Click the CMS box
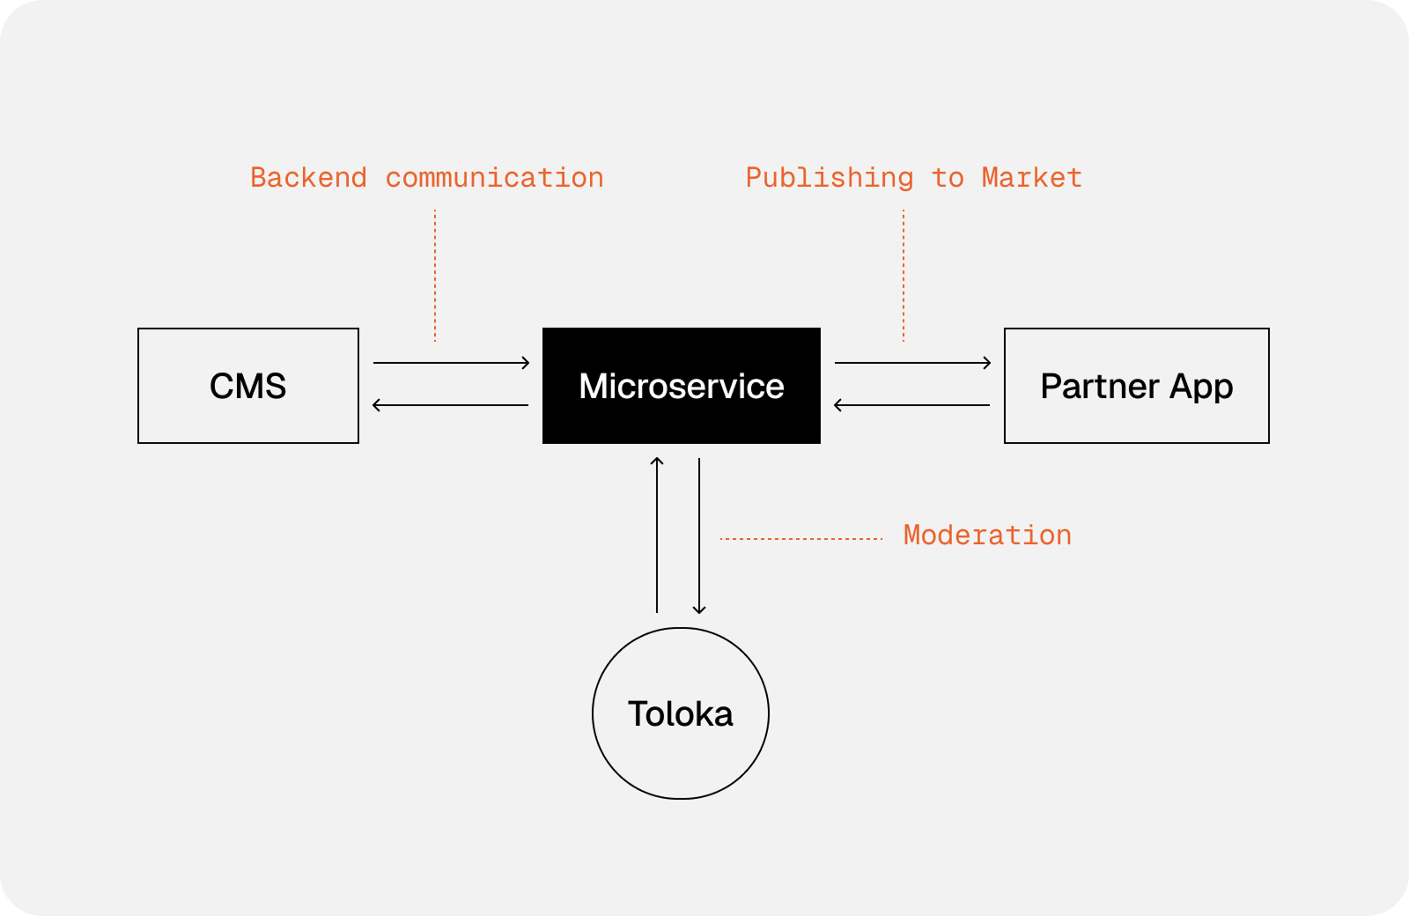pos(248,386)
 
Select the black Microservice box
pos(681,386)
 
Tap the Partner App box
pos(1136,386)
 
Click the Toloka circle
pos(681,713)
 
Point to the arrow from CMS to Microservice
pos(451,362)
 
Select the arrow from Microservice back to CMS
pos(451,405)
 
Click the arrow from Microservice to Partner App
pos(912,362)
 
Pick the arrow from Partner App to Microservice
pos(912,405)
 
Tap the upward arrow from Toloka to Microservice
pos(657,536)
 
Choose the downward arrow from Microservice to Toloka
pos(699,536)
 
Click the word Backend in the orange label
pos(308,178)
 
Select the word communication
pos(494,178)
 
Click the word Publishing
pos(830,178)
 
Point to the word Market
pos(1031,178)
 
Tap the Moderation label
pos(987,536)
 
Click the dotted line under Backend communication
pos(435,275)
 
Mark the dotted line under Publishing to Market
pos(904,275)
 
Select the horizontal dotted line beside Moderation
pos(801,538)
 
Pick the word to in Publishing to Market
pos(948,178)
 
